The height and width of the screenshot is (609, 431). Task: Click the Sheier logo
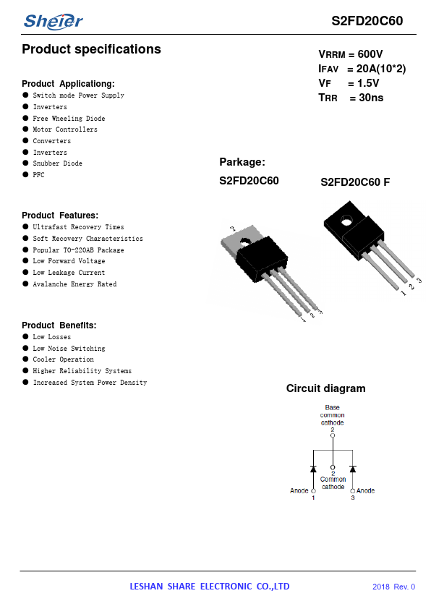54,22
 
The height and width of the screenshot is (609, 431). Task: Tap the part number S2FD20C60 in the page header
367,20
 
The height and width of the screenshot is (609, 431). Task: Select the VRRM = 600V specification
351,54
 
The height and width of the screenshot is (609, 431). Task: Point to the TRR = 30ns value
351,98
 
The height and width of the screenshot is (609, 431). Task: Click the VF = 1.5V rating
349,83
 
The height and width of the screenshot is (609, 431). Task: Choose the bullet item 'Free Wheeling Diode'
69,118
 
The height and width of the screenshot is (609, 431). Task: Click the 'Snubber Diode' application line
57,163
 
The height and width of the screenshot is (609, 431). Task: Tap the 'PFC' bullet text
38,175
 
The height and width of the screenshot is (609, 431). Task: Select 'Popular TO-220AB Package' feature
78,250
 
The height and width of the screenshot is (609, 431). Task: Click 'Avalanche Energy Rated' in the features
74,284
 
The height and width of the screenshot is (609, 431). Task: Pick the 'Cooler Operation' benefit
64,359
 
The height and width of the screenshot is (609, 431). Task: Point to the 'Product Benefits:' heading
59,325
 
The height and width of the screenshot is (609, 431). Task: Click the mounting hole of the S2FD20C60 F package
346,222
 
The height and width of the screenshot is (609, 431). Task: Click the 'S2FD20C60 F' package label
355,182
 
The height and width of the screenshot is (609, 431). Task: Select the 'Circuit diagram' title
325,388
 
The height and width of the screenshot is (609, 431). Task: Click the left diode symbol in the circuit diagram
313,469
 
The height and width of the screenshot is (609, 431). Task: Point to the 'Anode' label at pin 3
365,490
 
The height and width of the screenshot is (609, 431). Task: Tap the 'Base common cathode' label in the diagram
333,415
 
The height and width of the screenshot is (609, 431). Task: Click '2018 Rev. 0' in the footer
393,587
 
